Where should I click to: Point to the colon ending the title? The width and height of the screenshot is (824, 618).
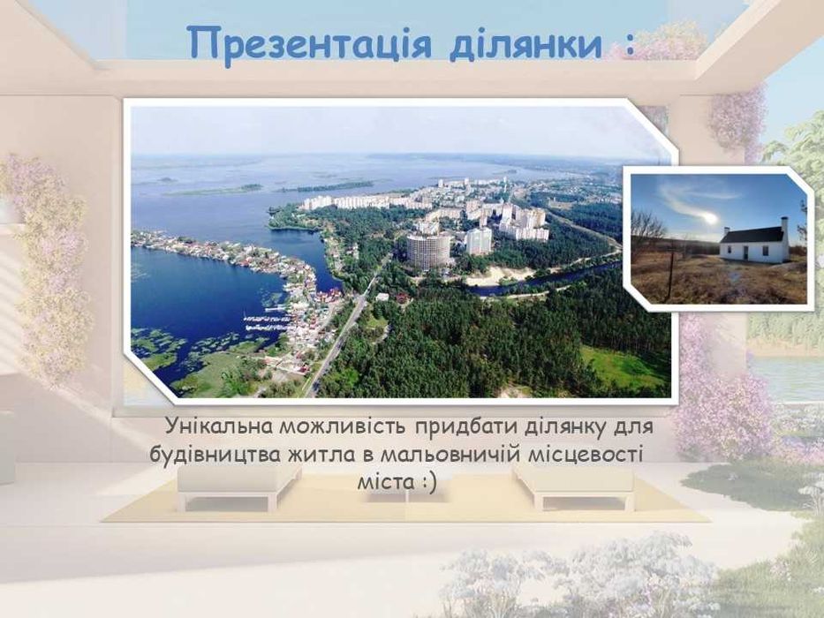coord(628,46)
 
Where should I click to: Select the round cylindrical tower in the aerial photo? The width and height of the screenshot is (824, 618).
coord(428,249)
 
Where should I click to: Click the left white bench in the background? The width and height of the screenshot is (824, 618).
coord(239,483)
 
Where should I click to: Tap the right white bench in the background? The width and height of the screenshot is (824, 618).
coord(573,483)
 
